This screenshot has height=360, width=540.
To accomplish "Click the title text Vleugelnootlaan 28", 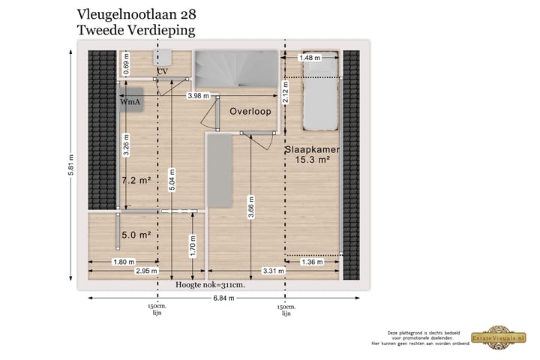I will (137, 14).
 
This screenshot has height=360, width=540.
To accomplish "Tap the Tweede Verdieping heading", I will (136, 31).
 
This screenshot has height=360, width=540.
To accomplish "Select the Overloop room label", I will (250, 111).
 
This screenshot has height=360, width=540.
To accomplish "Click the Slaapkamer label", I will (313, 150).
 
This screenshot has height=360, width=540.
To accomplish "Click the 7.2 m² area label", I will (136, 181).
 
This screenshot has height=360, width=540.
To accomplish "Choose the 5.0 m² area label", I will (136, 235).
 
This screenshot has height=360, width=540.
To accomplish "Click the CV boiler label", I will (161, 71).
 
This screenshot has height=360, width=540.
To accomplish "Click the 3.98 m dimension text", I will (198, 95).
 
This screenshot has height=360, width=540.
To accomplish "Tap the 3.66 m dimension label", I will (251, 213).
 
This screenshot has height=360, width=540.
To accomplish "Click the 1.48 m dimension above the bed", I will (310, 58).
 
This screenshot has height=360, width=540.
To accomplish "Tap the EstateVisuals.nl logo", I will (497, 337).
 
